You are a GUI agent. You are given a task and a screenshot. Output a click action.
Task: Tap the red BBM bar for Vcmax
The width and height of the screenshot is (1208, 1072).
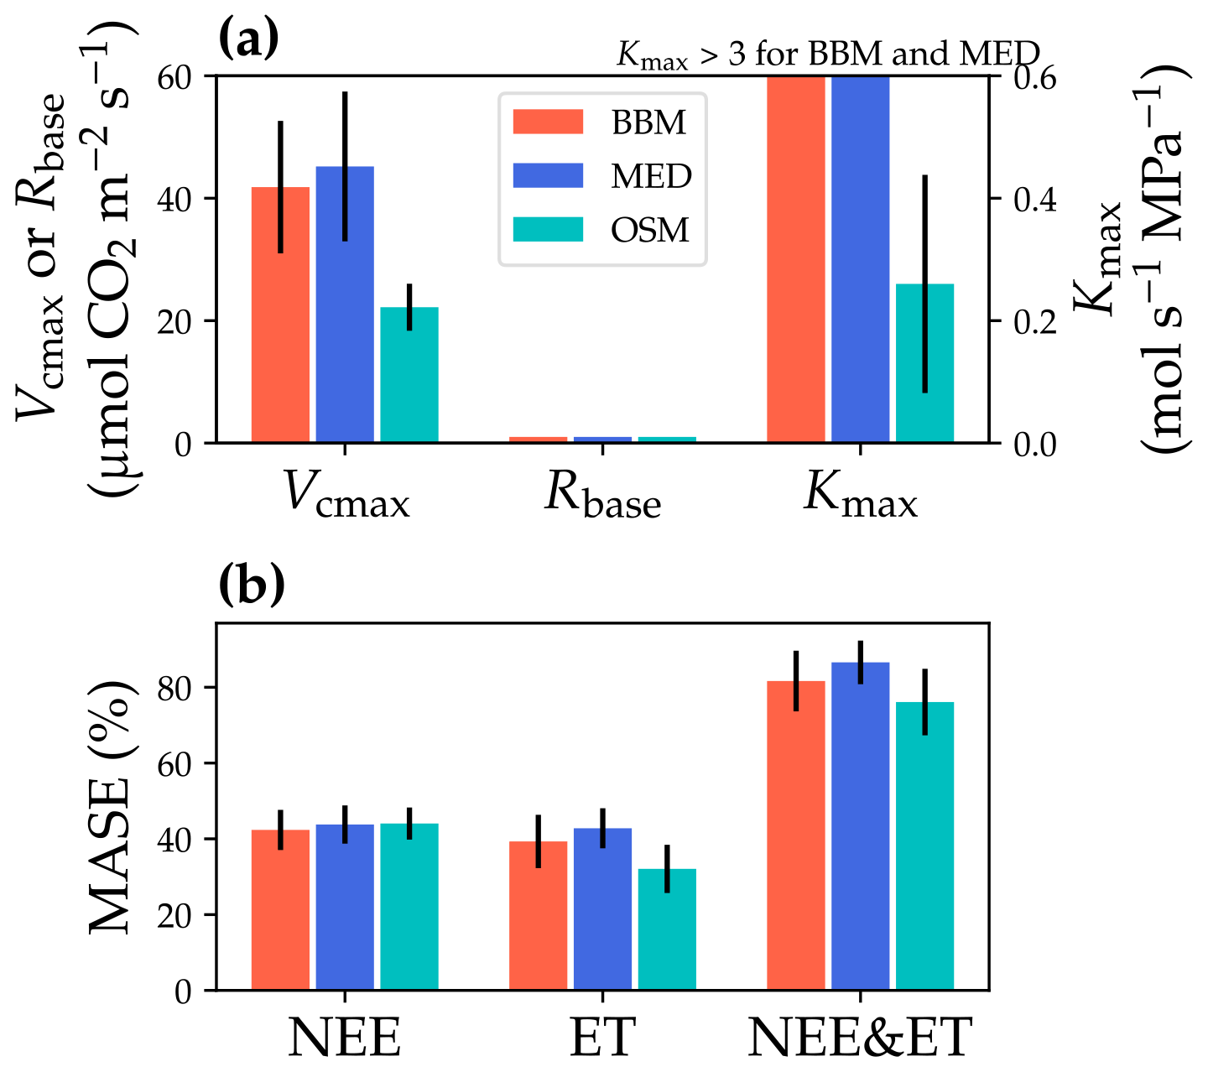(x=280, y=315)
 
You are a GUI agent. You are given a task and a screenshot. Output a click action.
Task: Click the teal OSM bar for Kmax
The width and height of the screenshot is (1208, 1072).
(x=924, y=362)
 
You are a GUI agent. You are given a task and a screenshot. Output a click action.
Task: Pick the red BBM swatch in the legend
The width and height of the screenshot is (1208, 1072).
(x=548, y=122)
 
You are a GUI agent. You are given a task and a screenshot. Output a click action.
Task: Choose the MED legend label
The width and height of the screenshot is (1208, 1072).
(x=651, y=176)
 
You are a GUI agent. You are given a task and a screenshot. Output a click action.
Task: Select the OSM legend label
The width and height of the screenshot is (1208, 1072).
(x=650, y=230)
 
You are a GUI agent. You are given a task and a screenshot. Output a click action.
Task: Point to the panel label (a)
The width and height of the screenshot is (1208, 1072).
(x=248, y=39)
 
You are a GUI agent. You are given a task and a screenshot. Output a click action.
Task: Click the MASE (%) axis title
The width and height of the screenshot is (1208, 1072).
(x=112, y=805)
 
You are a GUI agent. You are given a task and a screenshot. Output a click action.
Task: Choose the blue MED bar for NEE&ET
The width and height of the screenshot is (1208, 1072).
(x=860, y=826)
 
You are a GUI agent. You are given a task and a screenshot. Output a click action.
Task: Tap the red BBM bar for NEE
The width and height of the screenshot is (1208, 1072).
(x=280, y=910)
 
